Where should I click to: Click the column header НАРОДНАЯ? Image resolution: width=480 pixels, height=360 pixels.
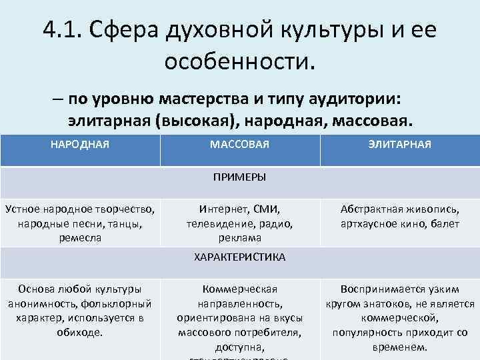point(80,144)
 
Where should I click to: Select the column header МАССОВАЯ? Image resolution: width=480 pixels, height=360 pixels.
point(239,144)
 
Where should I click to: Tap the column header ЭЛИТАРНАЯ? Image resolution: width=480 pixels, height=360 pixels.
point(399,144)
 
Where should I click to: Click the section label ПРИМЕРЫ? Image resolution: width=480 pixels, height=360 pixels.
point(239,177)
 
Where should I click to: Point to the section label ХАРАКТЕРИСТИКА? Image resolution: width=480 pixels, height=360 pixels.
point(239,257)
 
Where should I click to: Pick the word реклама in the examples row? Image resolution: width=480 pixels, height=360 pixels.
point(239,238)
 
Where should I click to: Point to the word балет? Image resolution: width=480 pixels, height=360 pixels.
point(443,223)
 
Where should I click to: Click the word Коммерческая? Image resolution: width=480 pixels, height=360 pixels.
point(239,289)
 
